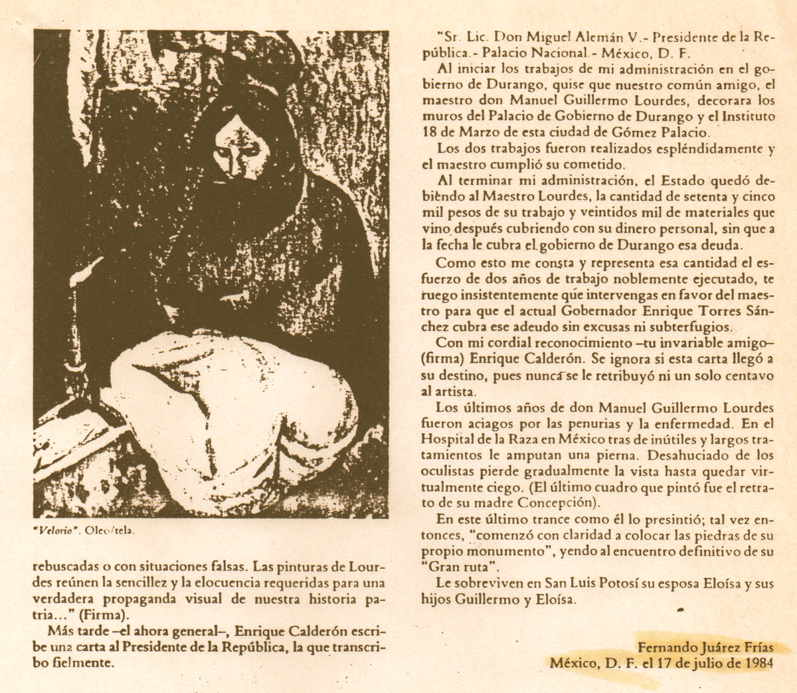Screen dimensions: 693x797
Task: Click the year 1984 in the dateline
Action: (x=758, y=662)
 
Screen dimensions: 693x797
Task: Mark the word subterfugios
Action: (x=690, y=327)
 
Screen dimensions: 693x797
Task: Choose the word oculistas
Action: (x=448, y=470)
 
